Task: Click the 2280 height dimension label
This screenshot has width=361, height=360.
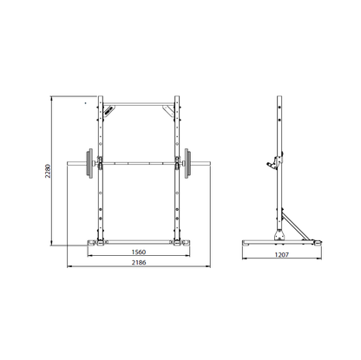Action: click(48, 171)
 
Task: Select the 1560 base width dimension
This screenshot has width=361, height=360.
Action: click(139, 252)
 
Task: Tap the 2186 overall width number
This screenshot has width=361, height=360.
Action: click(139, 263)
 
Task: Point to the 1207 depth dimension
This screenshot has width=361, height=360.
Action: click(282, 255)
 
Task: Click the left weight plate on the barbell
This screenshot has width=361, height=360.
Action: click(89, 163)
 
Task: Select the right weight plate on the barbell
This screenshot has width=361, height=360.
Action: click(188, 163)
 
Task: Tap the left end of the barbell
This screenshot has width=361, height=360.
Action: click(68, 163)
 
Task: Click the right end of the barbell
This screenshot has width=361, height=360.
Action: click(210, 163)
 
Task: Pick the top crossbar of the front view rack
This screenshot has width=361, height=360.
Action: click(139, 103)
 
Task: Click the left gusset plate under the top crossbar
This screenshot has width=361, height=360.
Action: click(109, 110)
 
